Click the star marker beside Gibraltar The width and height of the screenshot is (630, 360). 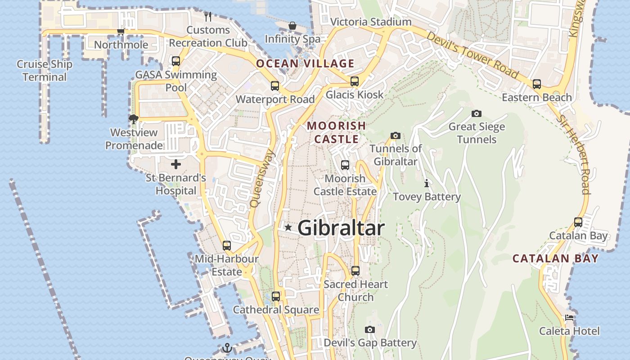(288, 228)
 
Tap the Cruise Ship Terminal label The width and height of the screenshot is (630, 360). (45, 71)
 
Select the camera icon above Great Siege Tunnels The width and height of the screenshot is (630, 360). (477, 113)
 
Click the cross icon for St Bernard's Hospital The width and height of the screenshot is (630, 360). (176, 164)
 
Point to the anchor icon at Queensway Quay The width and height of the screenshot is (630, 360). (227, 348)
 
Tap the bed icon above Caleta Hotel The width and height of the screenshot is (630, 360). (569, 317)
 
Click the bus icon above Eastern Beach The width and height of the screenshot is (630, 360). (536, 84)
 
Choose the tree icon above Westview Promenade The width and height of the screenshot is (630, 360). (133, 119)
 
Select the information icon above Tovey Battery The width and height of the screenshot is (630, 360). (427, 184)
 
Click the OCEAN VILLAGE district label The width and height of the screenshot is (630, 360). (305, 63)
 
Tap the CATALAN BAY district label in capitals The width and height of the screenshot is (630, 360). (556, 258)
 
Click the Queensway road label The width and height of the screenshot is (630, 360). (262, 179)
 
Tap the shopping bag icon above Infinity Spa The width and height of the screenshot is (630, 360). (292, 26)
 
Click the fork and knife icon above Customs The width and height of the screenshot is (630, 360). (207, 17)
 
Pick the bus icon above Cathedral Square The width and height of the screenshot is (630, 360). (275, 297)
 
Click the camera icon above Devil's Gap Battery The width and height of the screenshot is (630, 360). (370, 330)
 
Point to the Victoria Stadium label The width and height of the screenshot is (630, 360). (371, 22)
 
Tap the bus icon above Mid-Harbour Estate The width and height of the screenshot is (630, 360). (227, 246)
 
